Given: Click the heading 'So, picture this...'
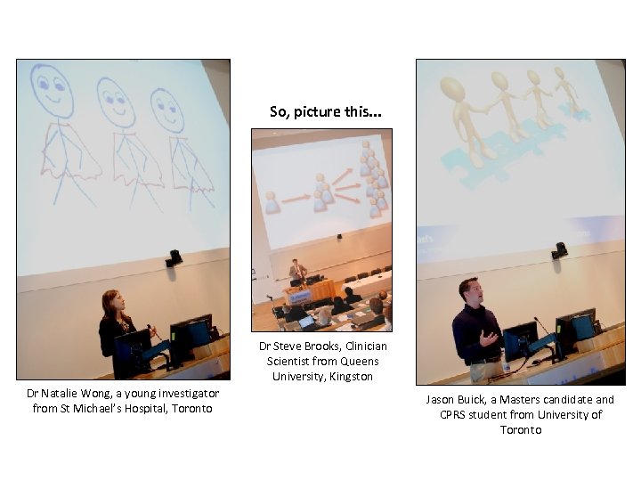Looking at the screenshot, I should point(326,112).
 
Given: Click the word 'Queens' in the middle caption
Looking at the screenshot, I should point(359,361).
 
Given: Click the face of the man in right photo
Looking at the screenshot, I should point(470,290).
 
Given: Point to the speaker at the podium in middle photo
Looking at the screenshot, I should point(297,269).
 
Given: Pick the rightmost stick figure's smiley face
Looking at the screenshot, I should point(168,110).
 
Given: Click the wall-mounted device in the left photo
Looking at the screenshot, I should point(174,258).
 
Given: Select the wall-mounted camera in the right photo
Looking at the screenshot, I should point(559,250).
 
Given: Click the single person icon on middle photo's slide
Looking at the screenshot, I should point(272,201).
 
